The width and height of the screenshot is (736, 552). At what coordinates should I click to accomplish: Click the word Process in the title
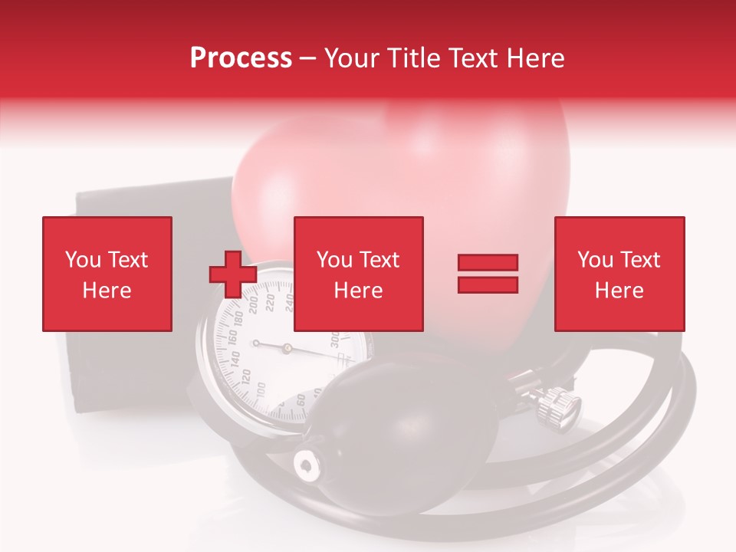[x=241, y=58]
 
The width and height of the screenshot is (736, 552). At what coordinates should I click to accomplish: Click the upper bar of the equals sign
[x=488, y=263]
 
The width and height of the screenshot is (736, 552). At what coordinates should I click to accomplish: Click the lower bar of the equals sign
[x=488, y=285]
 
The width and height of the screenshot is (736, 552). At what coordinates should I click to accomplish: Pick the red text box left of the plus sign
[x=107, y=274]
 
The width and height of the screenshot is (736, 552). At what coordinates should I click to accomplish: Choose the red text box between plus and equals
[x=358, y=274]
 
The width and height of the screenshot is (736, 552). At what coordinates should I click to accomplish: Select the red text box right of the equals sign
[x=619, y=274]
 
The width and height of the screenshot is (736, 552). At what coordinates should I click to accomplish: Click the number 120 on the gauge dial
[x=245, y=376]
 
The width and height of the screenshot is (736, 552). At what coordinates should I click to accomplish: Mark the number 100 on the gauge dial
[x=261, y=392]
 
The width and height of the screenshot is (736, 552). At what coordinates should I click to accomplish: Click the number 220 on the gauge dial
[x=270, y=304]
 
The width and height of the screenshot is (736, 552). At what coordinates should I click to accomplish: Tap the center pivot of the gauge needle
[x=287, y=348]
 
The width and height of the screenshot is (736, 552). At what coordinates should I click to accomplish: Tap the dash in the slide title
[x=307, y=59]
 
